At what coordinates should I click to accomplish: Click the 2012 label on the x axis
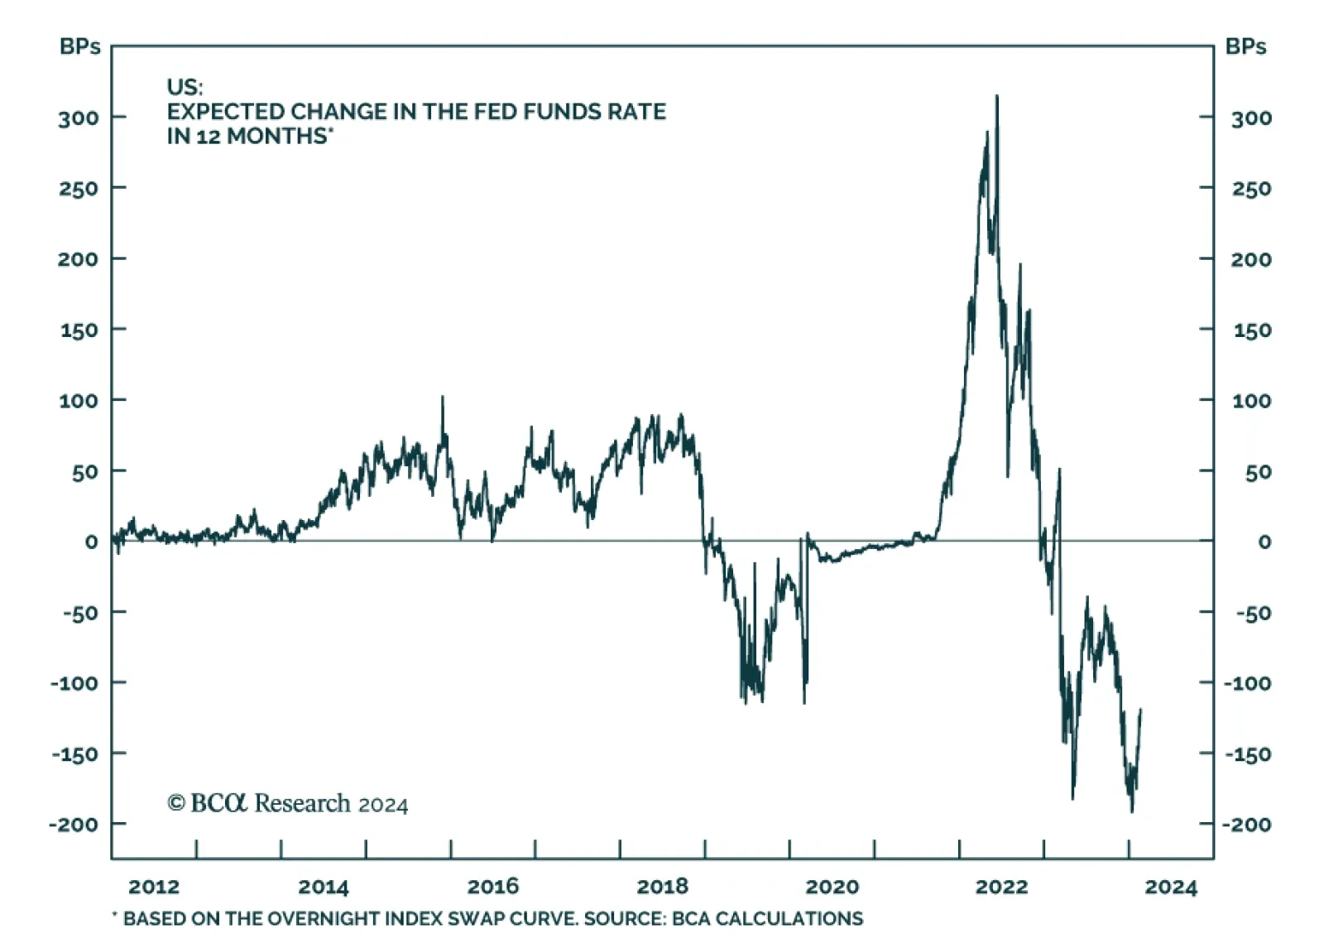[x=154, y=887]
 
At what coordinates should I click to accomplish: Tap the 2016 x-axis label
[x=492, y=887]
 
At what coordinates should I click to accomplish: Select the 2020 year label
[x=832, y=887]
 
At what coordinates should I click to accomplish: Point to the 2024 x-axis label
[x=1170, y=888]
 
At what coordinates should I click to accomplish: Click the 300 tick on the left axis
[x=78, y=118]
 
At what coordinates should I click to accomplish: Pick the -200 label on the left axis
[x=74, y=825]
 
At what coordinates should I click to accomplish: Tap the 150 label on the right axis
[x=1251, y=330]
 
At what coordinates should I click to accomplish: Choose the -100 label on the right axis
[x=1247, y=683]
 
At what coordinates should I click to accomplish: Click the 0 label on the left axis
[x=91, y=542]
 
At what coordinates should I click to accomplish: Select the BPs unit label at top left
[x=79, y=46]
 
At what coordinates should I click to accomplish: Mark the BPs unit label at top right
[x=1245, y=46]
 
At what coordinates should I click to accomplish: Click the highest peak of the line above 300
[x=996, y=97]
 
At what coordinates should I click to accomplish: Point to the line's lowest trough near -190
[x=1131, y=811]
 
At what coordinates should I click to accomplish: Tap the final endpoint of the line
[x=1140, y=710]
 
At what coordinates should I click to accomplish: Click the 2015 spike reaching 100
[x=442, y=397]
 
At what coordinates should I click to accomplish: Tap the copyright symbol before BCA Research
[x=175, y=803]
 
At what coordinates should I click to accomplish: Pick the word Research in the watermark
[x=302, y=803]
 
